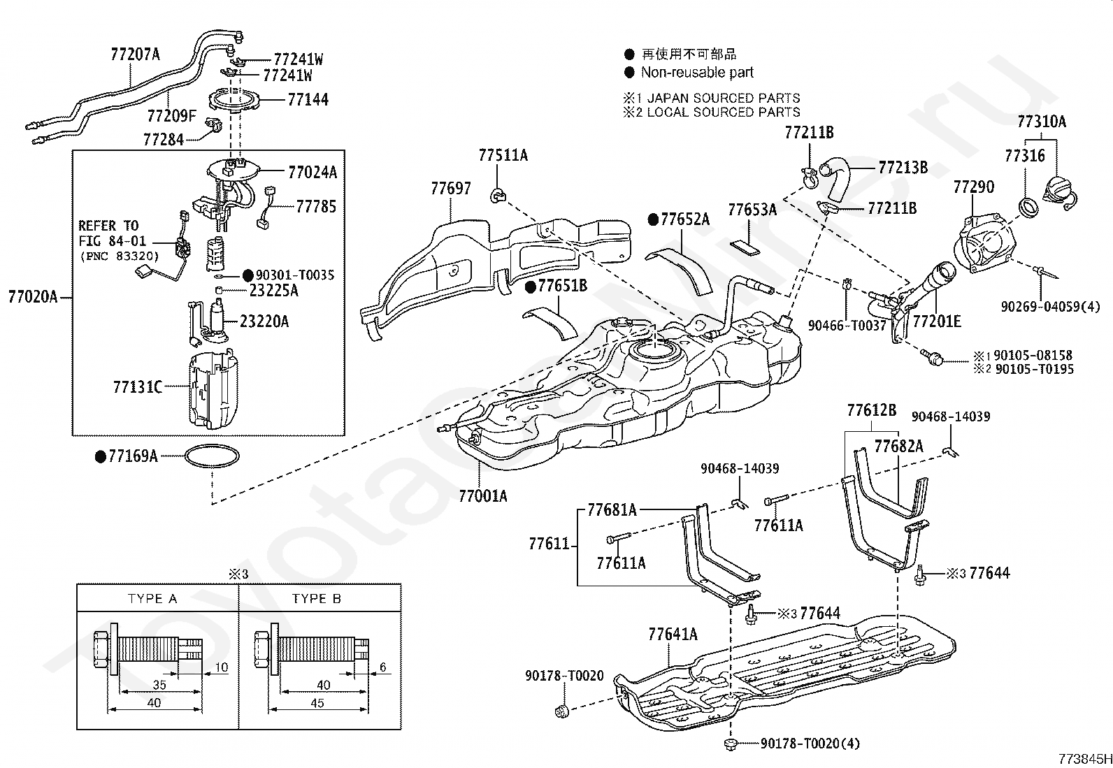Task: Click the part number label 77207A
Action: [x=135, y=54]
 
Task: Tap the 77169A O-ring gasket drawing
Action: [x=212, y=456]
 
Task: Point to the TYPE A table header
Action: [x=152, y=598]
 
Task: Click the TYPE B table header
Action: [x=316, y=598]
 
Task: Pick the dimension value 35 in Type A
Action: [x=159, y=685]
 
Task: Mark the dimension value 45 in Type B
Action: [x=317, y=703]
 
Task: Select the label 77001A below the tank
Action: [x=483, y=495]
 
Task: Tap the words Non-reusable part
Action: [x=697, y=73]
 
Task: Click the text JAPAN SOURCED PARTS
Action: [x=724, y=98]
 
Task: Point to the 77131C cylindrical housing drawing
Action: [x=213, y=390]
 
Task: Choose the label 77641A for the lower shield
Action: [x=673, y=635]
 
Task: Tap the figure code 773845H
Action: [x=1085, y=758]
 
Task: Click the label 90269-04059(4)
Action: [x=1050, y=307]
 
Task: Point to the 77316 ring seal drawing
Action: [x=1028, y=208]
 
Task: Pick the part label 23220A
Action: [x=264, y=321]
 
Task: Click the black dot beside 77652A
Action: [x=654, y=219]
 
